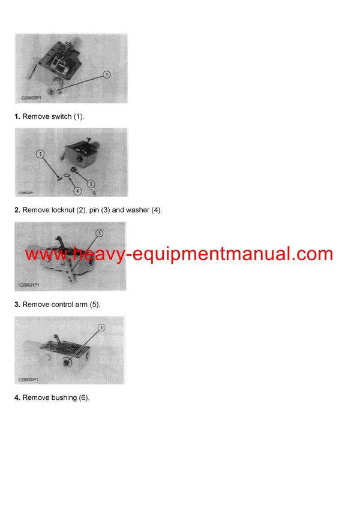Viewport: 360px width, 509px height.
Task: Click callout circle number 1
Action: [x=106, y=75]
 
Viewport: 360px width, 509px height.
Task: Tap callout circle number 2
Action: [x=91, y=183]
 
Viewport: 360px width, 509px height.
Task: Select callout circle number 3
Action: [x=40, y=154]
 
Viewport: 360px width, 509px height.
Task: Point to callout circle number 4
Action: [x=77, y=191]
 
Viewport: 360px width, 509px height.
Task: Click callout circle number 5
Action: [x=99, y=233]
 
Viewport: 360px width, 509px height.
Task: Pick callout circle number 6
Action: [x=101, y=327]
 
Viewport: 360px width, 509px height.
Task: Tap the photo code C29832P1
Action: [x=25, y=193]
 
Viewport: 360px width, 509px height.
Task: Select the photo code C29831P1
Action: [x=29, y=286]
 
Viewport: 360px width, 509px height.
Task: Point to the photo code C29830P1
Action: [x=28, y=380]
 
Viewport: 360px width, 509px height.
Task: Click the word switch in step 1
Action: [x=61, y=116]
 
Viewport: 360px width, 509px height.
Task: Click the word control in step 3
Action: [x=62, y=305]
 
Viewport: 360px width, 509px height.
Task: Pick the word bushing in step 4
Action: [x=63, y=397]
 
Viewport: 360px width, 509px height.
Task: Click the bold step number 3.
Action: [x=17, y=305]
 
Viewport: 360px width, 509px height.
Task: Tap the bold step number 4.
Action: [x=17, y=397]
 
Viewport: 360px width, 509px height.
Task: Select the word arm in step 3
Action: [x=82, y=305]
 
